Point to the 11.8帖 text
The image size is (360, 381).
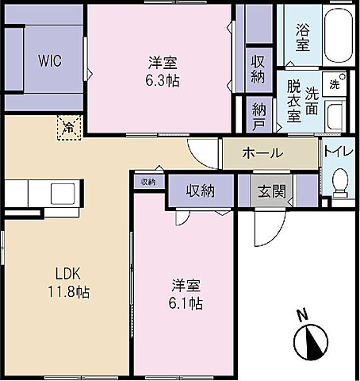[67, 292]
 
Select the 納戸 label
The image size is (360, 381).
[259, 117]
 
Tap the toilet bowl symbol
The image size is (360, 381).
[339, 185]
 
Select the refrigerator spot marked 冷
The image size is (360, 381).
[69, 127]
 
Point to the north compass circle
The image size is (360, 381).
[309, 342]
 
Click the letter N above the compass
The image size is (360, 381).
[301, 314]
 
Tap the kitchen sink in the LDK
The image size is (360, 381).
[61, 194]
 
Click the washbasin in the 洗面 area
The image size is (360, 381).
[335, 117]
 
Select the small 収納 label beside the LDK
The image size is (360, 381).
[148, 182]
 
